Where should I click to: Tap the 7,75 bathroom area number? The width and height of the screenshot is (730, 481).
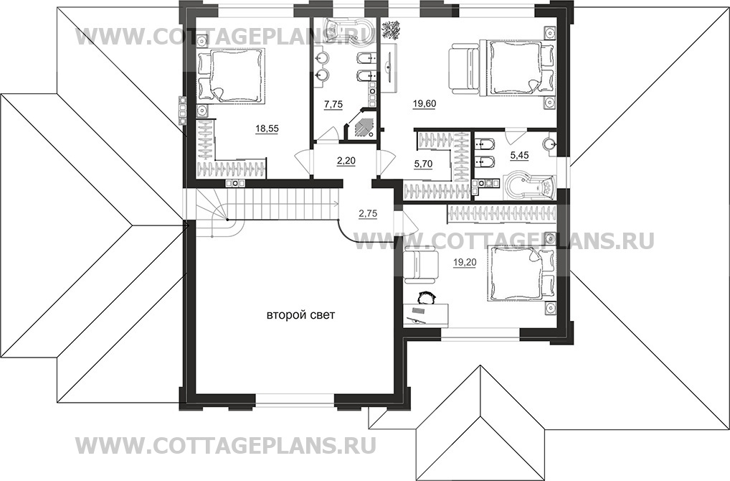(x=333, y=105)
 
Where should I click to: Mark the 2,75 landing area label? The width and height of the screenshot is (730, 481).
(x=368, y=213)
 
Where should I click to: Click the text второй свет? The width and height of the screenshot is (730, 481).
(x=301, y=314)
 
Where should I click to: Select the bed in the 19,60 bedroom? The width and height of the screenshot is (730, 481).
(x=519, y=67)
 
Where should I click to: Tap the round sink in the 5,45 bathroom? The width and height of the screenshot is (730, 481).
(x=551, y=143)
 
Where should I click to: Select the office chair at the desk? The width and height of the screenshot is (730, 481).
(x=426, y=296)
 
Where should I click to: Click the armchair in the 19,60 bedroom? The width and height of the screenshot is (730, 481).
(x=465, y=67)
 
